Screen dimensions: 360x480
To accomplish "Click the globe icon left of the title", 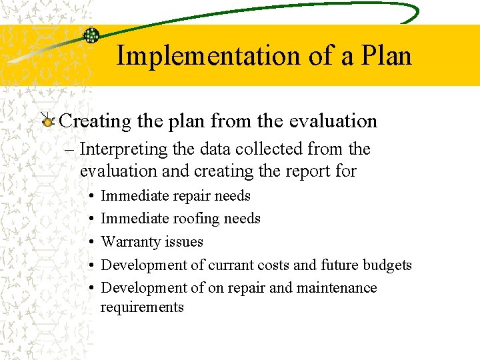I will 91,35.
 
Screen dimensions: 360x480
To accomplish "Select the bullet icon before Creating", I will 47,121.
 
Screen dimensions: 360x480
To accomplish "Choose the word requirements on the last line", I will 141,307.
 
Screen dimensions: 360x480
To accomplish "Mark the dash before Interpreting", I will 72,150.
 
